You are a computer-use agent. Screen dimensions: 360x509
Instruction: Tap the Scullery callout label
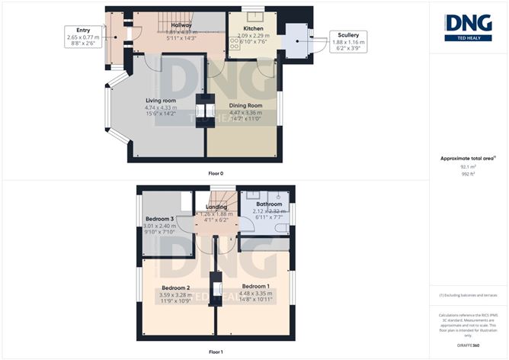[x=344, y=35]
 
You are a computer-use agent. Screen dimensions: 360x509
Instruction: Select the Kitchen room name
[x=254, y=28]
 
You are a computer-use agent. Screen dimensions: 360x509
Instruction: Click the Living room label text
[x=161, y=100]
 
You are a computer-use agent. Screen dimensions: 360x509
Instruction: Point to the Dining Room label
[x=245, y=105]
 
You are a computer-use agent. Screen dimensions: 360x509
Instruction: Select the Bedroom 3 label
[x=160, y=219]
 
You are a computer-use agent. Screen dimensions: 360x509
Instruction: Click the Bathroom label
[x=269, y=205]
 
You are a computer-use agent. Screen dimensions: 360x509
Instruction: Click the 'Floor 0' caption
[x=216, y=174]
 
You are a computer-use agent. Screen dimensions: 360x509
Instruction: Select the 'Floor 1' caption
[x=216, y=353]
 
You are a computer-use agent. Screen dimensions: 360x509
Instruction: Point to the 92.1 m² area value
[x=468, y=166]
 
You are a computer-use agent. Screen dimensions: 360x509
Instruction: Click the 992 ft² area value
[x=468, y=173]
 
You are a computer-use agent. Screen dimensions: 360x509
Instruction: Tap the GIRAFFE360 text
[x=469, y=346]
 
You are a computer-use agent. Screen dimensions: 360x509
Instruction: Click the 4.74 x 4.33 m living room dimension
[x=161, y=108]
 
